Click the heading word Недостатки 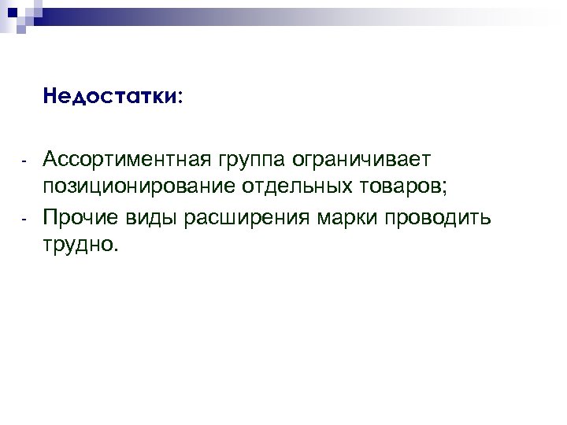tap(109, 97)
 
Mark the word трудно tap(78, 245)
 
